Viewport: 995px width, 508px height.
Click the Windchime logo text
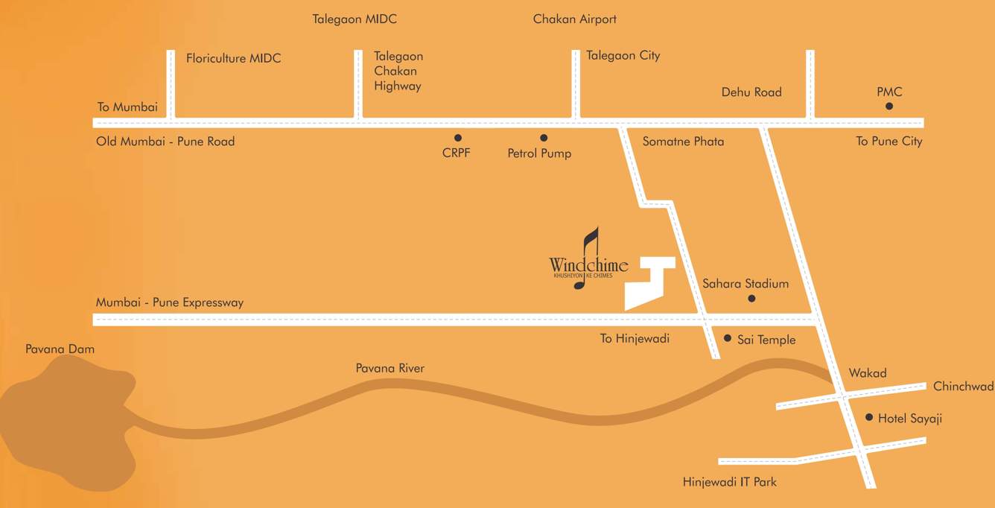(588, 265)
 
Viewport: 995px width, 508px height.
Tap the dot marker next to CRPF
(457, 138)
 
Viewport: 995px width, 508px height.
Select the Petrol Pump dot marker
(544, 138)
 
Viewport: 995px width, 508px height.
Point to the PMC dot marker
(889, 107)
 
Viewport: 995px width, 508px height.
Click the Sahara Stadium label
(746, 284)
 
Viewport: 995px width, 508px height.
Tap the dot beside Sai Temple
(728, 337)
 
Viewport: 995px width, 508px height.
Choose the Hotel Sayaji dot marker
(869, 417)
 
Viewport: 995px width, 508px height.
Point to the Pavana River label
(390, 369)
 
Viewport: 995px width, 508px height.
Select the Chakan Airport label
(575, 19)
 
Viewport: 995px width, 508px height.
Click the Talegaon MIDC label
(355, 19)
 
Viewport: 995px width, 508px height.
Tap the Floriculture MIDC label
(234, 58)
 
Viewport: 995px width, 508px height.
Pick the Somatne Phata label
(683, 142)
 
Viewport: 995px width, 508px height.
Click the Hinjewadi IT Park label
(730, 482)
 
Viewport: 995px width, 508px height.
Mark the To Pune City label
(889, 142)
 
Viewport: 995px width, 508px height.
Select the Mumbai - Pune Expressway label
(170, 302)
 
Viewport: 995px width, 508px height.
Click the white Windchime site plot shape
(648, 287)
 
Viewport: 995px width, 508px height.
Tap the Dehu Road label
(751, 92)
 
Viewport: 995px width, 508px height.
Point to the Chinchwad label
(963, 387)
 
